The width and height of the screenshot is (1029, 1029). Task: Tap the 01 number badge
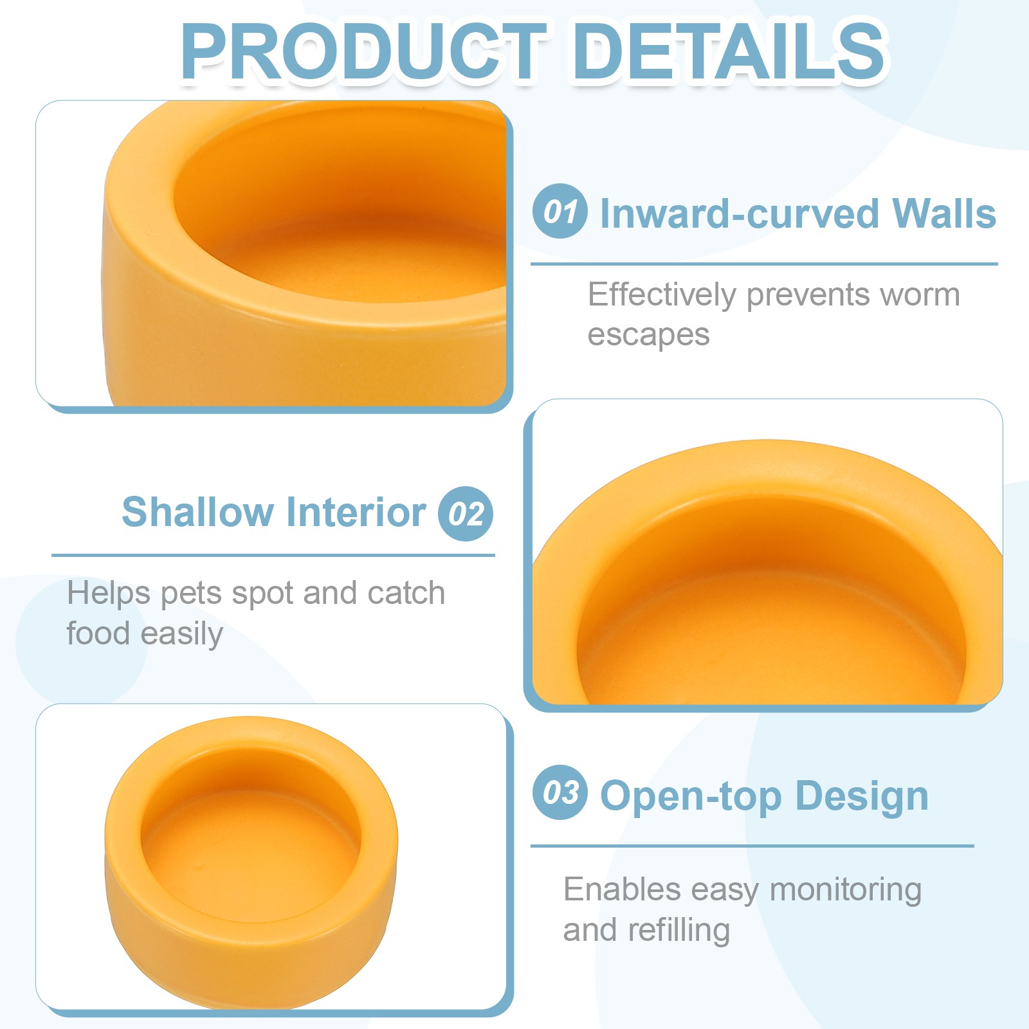point(560,211)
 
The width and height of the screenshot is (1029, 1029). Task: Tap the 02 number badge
point(466,513)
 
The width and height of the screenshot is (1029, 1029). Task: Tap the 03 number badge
point(560,792)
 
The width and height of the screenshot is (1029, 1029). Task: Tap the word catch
point(406,593)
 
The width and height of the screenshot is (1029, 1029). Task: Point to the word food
point(98,633)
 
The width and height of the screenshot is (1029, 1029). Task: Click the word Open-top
point(691,796)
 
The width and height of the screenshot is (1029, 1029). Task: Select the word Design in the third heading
point(862,796)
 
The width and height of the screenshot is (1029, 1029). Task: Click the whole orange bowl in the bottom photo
point(251,862)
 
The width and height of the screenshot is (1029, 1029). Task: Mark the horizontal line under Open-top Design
point(752,846)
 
